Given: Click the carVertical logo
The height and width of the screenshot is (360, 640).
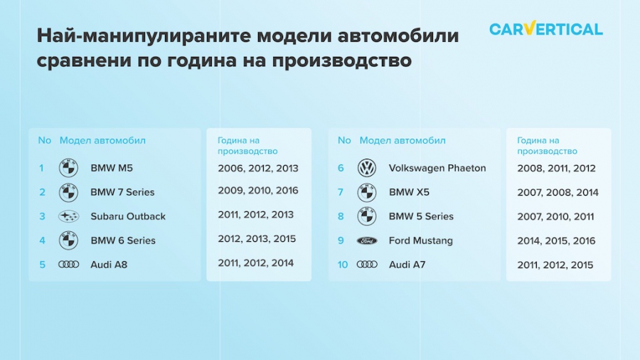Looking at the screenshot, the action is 545,28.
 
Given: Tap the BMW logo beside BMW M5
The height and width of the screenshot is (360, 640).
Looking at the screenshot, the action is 68,168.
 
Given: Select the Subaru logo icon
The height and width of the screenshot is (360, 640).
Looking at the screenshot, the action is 68,216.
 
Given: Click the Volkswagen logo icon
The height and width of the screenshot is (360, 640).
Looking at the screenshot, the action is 366,168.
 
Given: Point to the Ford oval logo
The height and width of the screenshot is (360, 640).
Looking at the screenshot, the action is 366,240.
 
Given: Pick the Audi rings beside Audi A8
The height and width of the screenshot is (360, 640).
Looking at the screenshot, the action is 68,265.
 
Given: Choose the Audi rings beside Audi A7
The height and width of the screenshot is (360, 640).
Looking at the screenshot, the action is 367,265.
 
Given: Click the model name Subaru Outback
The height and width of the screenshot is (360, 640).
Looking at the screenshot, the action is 128,216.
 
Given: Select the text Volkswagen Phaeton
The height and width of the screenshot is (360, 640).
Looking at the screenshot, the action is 437,168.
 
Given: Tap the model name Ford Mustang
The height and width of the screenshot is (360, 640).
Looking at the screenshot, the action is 421,240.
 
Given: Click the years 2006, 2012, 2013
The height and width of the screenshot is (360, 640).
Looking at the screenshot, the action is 258,168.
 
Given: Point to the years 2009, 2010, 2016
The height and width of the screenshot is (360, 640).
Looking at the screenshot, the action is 258,191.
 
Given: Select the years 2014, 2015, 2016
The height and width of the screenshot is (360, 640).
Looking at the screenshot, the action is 556,240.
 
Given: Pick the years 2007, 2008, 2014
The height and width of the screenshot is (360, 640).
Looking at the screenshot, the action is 558,192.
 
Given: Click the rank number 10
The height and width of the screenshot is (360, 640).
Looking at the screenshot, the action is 343,265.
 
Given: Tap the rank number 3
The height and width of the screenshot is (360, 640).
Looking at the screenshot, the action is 42,216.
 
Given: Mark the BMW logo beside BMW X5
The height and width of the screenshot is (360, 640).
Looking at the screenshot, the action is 366,192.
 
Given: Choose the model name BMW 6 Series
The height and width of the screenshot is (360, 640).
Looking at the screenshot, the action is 123,240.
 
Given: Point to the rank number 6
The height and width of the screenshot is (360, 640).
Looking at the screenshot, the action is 341,168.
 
